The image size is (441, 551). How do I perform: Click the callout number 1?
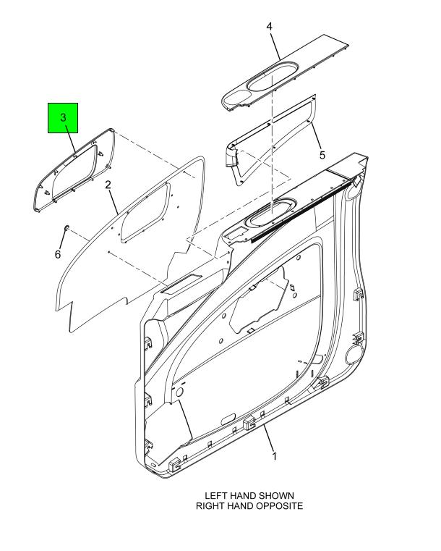click(x=274, y=456)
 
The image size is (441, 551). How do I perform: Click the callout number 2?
click(x=108, y=185)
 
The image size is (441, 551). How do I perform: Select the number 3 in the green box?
click(x=63, y=117)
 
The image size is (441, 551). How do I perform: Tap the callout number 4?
click(x=269, y=26)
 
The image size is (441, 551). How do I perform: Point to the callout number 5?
click(x=322, y=155)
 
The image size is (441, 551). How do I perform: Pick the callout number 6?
click(x=58, y=254)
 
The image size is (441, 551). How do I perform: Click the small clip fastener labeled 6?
click(x=66, y=227)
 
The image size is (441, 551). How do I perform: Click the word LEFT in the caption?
click(x=215, y=495)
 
